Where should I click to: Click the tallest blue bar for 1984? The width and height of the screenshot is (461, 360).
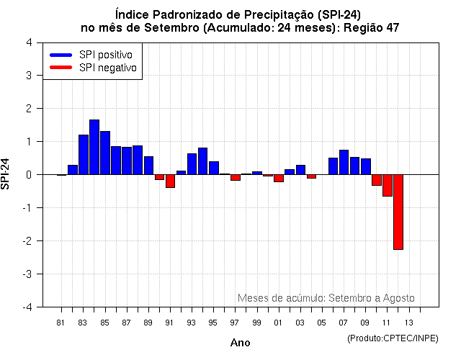(x=94, y=147)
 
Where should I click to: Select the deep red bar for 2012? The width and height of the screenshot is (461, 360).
(x=398, y=212)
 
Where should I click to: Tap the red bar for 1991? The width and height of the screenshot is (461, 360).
(x=170, y=181)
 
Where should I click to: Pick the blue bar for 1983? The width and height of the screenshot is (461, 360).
(x=84, y=155)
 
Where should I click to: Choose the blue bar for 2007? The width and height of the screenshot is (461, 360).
(x=344, y=162)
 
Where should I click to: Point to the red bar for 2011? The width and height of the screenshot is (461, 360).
(x=387, y=185)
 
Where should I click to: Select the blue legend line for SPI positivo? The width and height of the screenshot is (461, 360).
(x=61, y=55)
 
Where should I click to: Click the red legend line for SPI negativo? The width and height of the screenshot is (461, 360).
(x=61, y=68)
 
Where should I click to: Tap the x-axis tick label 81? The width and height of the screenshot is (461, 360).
(x=61, y=322)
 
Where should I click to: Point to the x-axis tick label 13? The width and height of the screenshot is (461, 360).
(x=408, y=322)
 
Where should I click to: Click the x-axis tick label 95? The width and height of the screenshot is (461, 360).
(x=213, y=322)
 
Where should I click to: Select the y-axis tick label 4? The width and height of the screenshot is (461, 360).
(x=28, y=42)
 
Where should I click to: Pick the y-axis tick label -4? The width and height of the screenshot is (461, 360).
(x=26, y=307)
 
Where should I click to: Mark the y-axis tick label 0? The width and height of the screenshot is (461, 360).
(x=28, y=175)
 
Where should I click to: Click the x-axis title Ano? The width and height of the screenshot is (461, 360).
(x=240, y=343)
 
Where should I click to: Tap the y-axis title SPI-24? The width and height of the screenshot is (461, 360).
(x=6, y=174)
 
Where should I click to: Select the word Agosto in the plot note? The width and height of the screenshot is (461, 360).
(x=398, y=298)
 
